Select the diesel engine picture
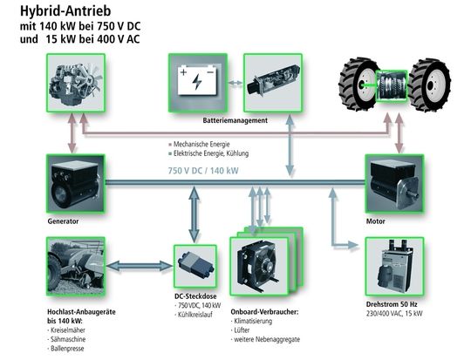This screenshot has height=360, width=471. coord(76,83)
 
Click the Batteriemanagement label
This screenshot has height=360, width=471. coord(234,120)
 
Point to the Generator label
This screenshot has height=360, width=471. coord(64,221)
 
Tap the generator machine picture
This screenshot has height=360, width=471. coord(76,184)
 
